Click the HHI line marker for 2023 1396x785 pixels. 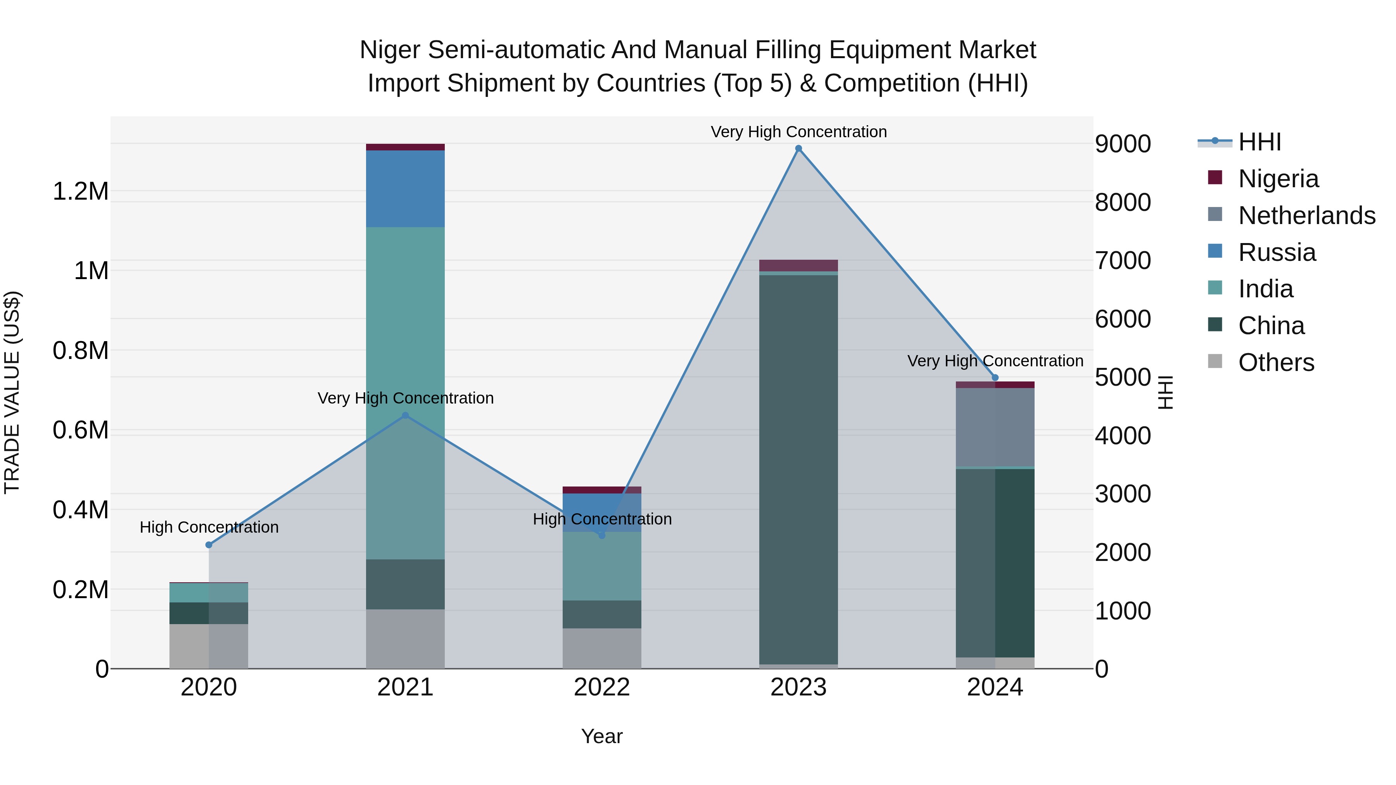[798, 148]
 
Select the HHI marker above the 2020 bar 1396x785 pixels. [209, 545]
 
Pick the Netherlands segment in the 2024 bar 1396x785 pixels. [995, 427]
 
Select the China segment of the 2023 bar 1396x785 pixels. [798, 469]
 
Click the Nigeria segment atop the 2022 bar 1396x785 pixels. [601, 490]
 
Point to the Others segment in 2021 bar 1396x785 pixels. [405, 639]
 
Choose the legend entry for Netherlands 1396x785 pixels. [1306, 216]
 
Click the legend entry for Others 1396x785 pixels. [1276, 362]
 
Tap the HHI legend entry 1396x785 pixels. [1259, 142]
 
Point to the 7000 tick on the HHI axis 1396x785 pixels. [1122, 261]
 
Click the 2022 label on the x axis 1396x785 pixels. [601, 687]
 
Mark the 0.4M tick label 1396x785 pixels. [80, 510]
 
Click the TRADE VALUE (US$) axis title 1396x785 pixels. [12, 392]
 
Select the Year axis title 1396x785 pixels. [601, 736]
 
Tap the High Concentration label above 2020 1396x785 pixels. [209, 527]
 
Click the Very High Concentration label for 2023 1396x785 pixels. [798, 132]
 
